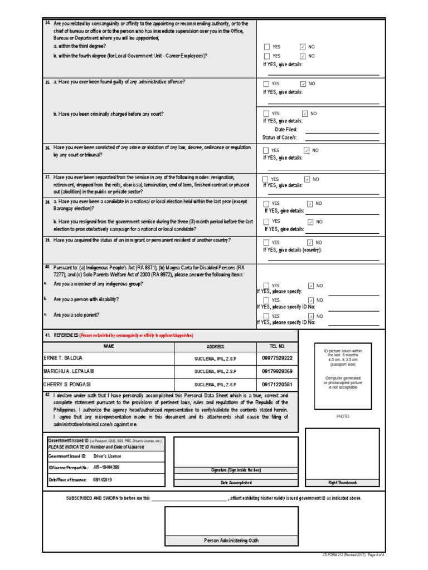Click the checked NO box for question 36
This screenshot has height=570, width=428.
(x=307, y=150)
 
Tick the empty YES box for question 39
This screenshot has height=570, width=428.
(x=266, y=243)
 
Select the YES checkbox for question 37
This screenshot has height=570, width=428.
(x=266, y=179)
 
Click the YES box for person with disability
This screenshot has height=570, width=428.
(x=266, y=300)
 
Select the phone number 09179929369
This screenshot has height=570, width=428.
(x=277, y=371)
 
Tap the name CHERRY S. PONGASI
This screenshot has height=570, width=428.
(x=67, y=385)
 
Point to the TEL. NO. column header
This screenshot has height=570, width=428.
(x=277, y=346)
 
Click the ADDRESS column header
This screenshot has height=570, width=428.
(x=215, y=346)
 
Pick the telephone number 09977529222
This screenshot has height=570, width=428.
(x=277, y=357)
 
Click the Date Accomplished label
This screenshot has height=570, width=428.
(x=236, y=483)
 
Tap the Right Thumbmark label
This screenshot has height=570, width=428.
(x=342, y=483)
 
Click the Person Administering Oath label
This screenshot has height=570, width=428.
(x=231, y=540)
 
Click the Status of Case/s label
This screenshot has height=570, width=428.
(x=279, y=137)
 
